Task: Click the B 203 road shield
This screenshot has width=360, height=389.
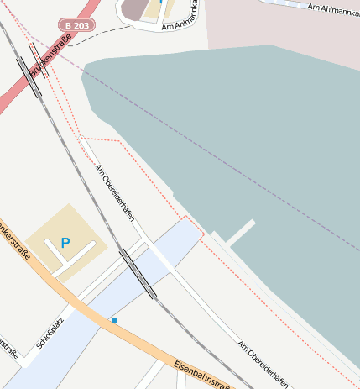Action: [x=77, y=26]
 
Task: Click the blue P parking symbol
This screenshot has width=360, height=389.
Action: [x=65, y=243]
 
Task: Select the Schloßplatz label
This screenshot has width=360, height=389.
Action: [x=51, y=332]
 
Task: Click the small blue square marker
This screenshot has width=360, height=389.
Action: [x=115, y=319]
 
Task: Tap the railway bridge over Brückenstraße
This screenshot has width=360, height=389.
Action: [x=29, y=76]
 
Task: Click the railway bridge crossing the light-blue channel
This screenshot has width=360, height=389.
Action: [x=138, y=272]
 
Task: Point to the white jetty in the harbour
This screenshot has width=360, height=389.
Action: [x=241, y=232]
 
